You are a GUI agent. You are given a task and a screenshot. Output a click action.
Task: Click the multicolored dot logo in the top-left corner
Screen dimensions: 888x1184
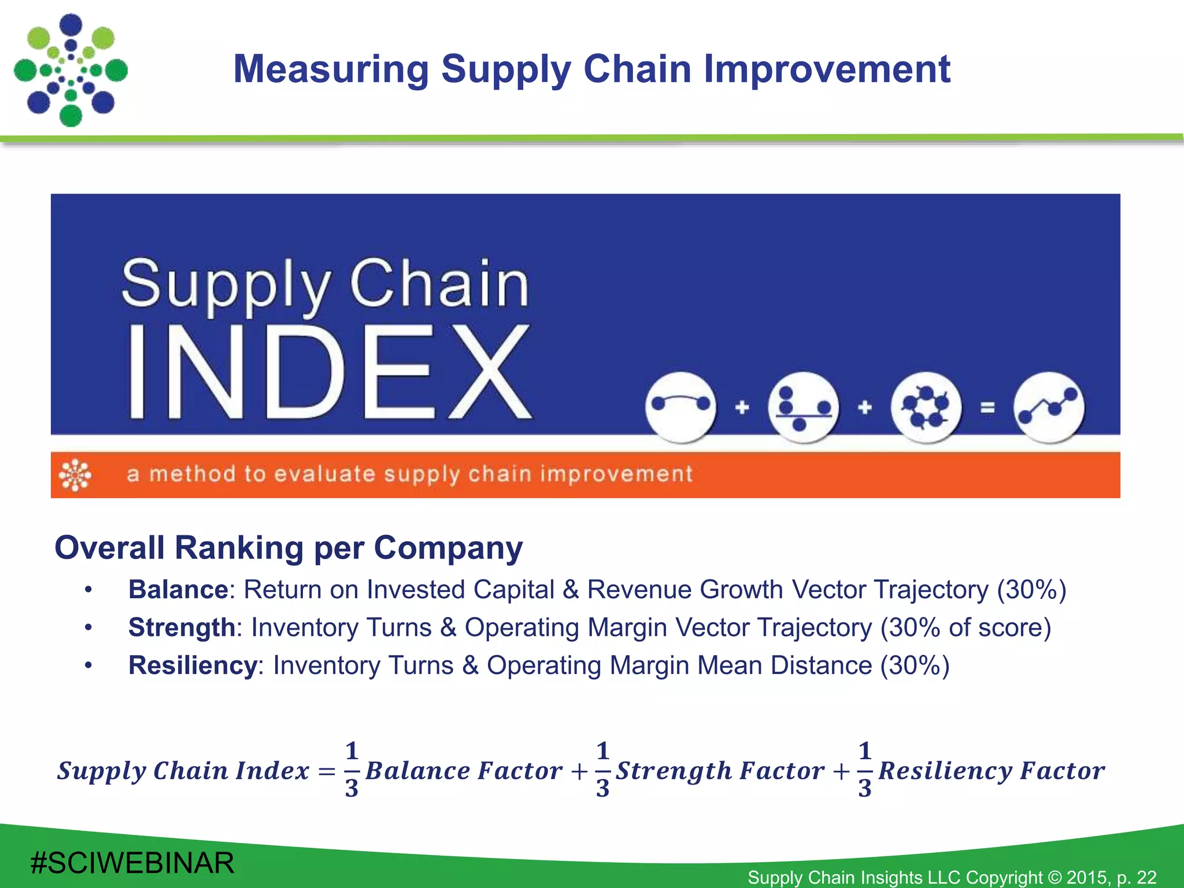click(x=71, y=70)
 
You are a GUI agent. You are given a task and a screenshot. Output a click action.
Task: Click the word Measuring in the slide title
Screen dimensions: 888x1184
click(x=331, y=69)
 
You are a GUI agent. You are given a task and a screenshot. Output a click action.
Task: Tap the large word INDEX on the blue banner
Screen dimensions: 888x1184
click(x=328, y=371)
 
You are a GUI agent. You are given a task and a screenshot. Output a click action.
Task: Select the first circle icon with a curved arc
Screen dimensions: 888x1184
click(x=680, y=408)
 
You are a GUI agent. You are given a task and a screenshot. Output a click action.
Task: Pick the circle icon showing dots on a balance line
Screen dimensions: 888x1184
click(x=804, y=408)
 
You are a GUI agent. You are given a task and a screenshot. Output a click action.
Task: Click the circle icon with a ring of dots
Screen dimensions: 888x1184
click(x=926, y=408)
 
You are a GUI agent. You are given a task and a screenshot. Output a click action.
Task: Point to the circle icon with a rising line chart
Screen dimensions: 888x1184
click(x=1049, y=408)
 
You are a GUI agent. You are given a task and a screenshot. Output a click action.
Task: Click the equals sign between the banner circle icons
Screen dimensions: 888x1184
click(x=988, y=408)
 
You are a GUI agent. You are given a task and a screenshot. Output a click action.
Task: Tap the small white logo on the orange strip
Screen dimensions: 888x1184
click(x=75, y=475)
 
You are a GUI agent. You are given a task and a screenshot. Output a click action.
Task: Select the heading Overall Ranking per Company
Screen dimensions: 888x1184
click(x=288, y=547)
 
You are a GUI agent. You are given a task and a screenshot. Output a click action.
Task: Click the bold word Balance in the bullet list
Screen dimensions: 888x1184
click(x=178, y=590)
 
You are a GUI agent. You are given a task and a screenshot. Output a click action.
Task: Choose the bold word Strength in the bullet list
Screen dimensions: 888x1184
click(x=182, y=628)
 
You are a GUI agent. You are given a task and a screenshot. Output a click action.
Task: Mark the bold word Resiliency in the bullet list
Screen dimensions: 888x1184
click(x=193, y=665)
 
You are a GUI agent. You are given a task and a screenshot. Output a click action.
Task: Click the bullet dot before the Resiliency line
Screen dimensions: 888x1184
click(x=88, y=666)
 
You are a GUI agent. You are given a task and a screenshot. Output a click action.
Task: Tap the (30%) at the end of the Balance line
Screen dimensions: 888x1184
click(x=1031, y=590)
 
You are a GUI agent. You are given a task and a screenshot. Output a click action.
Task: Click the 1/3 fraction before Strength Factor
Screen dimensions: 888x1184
click(x=602, y=769)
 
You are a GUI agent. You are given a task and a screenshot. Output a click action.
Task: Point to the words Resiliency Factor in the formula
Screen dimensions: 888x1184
click(x=991, y=771)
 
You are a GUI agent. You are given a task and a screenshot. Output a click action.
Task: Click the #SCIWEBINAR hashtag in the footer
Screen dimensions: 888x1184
click(x=132, y=863)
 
